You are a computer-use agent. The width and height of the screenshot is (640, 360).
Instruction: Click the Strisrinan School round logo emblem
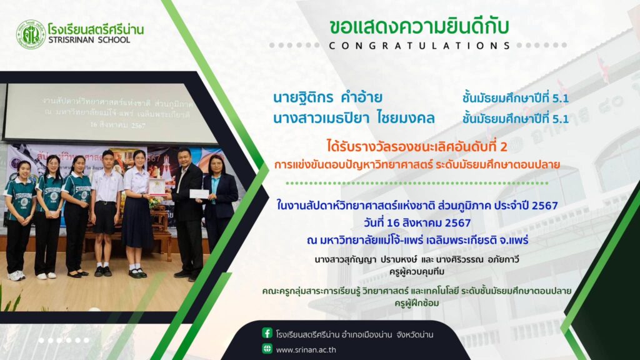click(31, 35)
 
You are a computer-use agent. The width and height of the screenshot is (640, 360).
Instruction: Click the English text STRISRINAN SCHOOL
click(89, 40)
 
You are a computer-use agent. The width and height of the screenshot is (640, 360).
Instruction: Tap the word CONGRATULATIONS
click(419, 46)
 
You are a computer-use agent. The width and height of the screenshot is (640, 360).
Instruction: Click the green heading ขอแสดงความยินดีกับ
click(419, 26)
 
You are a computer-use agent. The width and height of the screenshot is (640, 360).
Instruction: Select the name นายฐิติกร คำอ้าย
click(327, 97)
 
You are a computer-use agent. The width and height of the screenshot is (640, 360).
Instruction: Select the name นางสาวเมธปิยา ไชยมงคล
click(354, 118)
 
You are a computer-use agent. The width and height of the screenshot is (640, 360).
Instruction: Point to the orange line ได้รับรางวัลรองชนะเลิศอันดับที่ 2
click(417, 146)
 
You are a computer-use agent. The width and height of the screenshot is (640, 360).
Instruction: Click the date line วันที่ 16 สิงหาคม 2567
click(417, 223)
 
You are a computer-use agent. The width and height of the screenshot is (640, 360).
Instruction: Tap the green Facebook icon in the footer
click(267, 333)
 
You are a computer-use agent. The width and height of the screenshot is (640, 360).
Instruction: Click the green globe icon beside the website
click(267, 349)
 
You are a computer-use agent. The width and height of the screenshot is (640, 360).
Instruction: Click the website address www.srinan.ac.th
click(306, 350)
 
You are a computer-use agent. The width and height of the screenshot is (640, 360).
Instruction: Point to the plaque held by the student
click(157, 187)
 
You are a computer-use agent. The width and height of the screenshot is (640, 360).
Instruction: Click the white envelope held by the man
click(199, 194)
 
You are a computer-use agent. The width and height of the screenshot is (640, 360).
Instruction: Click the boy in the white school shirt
click(106, 212)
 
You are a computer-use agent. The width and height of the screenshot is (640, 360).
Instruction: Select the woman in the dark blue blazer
click(219, 204)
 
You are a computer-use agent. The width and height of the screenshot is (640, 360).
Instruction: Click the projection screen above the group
click(112, 112)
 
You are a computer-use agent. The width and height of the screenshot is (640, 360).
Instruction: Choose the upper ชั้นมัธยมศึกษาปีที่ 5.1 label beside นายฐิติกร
click(516, 98)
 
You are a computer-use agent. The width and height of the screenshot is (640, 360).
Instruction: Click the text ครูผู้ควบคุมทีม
click(417, 271)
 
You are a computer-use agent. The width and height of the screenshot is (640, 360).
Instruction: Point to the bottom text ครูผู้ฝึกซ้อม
click(417, 303)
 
